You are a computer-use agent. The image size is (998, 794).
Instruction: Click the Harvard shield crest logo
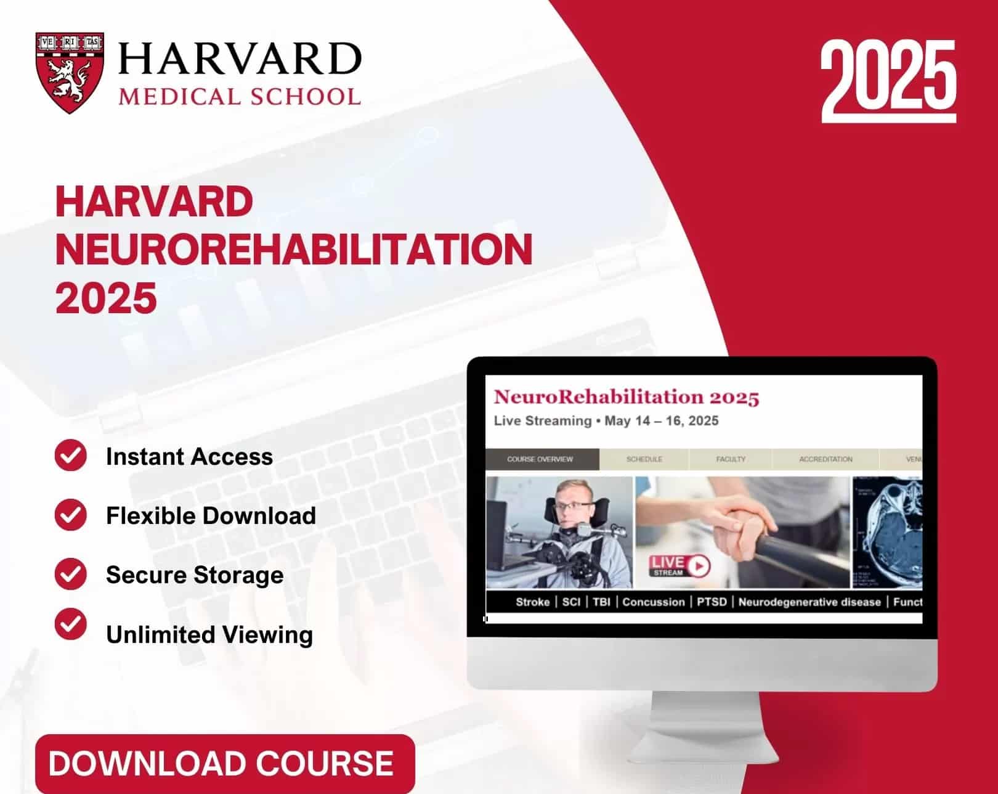point(70,72)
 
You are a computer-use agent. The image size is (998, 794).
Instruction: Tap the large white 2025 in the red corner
point(888,78)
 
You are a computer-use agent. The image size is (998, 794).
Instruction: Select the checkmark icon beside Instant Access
point(71,456)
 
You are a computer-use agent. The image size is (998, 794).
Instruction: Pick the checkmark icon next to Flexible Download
point(71,515)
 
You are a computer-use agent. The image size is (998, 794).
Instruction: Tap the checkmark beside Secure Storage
point(71,574)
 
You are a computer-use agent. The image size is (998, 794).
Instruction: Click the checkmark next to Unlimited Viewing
point(71,624)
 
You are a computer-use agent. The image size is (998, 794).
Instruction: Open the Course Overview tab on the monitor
point(540,459)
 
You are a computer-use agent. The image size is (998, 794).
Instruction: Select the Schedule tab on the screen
point(644,459)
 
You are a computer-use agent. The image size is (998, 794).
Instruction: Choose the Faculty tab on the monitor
point(731,459)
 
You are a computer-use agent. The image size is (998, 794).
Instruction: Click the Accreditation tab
point(826,459)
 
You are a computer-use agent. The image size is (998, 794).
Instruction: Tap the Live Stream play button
point(698,565)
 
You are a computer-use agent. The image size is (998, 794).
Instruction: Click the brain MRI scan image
point(888,531)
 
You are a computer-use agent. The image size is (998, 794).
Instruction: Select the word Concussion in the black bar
point(653,602)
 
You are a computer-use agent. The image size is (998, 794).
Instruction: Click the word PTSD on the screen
point(712,602)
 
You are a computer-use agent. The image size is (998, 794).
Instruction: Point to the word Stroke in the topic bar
point(532,602)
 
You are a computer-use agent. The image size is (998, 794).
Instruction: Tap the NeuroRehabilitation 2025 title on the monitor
point(626,398)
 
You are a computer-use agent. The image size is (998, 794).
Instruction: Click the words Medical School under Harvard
point(240,97)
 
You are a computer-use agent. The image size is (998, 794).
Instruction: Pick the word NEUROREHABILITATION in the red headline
point(294,250)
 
